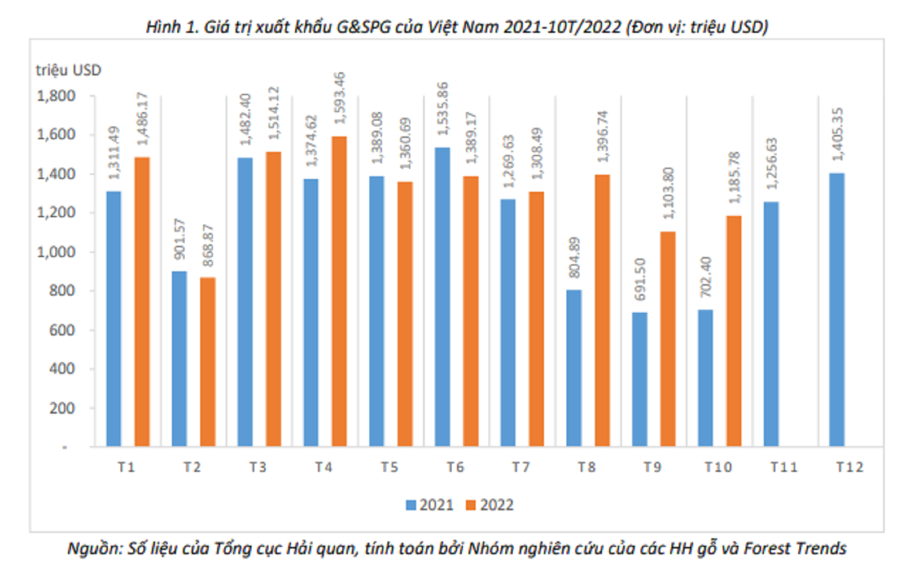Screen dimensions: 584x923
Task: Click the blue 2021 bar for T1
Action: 114,319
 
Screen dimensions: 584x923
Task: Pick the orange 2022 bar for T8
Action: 602,310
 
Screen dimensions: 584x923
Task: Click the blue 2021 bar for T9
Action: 640,379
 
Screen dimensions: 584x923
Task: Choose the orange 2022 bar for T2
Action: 208,362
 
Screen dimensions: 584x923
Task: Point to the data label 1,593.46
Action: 339,98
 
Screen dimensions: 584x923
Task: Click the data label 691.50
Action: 640,279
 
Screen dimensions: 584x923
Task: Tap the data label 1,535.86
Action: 443,109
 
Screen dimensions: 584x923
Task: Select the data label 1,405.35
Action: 837,134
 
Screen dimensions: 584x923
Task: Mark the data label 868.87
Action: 208,245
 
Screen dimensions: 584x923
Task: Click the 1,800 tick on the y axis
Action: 56,96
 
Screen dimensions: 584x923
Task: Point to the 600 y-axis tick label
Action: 62,330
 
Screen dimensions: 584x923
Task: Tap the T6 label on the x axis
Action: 455,467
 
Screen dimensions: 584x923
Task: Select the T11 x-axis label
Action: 783,467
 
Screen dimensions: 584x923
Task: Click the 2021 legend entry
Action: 430,505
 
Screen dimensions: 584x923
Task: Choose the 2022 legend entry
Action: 490,505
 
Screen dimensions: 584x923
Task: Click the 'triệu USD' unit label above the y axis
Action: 68,70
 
